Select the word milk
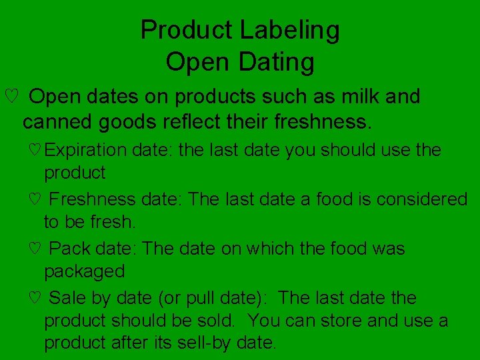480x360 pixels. pos(358,97)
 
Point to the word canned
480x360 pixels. pos(59,122)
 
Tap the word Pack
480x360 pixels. pos(70,249)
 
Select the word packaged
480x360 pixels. pos(84,272)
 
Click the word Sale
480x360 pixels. pos(69,298)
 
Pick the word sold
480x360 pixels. pos(215,321)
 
